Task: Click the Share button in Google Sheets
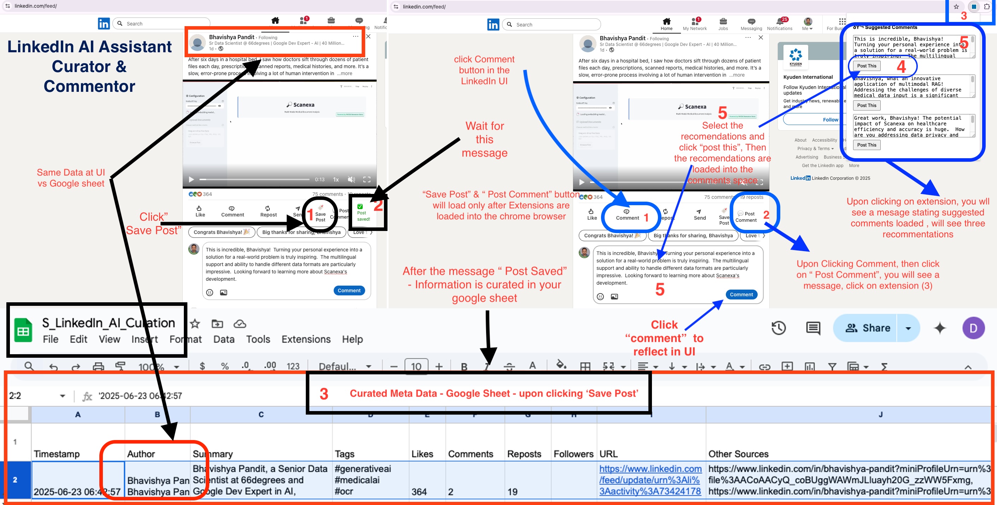tap(868, 328)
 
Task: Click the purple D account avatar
tap(973, 328)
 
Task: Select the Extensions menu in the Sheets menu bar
tap(306, 339)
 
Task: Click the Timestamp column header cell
tap(57, 453)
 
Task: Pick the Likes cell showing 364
tap(419, 492)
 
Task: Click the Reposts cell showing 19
tap(512, 492)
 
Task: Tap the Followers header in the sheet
tap(573, 453)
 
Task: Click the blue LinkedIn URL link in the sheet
tap(650, 480)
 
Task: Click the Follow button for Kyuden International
tap(830, 119)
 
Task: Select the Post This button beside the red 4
tap(867, 66)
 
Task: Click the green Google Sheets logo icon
tap(23, 330)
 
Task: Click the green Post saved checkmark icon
tap(360, 207)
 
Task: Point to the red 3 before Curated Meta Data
tap(324, 394)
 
